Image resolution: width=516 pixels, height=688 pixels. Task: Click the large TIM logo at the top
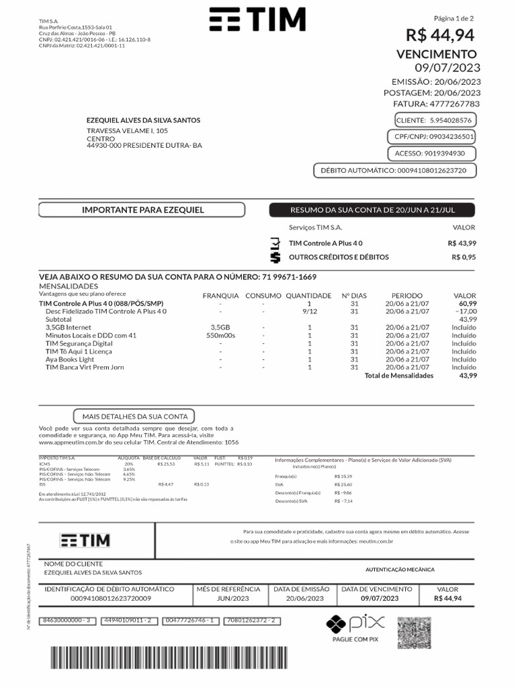(x=257, y=20)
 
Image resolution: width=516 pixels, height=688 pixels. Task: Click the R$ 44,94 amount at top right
(x=439, y=35)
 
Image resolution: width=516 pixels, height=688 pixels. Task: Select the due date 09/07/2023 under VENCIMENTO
(x=447, y=67)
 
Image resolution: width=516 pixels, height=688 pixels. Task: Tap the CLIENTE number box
(x=434, y=120)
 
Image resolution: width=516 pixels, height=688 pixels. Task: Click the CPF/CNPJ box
(x=434, y=137)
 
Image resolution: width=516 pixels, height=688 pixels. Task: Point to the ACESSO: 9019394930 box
(x=434, y=154)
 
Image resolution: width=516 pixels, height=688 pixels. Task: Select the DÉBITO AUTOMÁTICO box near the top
(x=394, y=171)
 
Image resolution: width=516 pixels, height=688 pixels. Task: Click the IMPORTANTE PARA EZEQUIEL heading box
(x=142, y=210)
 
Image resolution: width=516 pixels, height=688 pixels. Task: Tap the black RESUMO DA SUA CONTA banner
(x=372, y=210)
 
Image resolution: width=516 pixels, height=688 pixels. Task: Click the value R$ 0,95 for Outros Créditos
(x=464, y=257)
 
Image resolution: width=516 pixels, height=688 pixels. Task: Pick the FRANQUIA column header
(x=220, y=296)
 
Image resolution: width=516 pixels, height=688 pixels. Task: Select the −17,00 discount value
(x=466, y=312)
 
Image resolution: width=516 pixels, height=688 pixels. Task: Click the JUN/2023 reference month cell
(x=232, y=598)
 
